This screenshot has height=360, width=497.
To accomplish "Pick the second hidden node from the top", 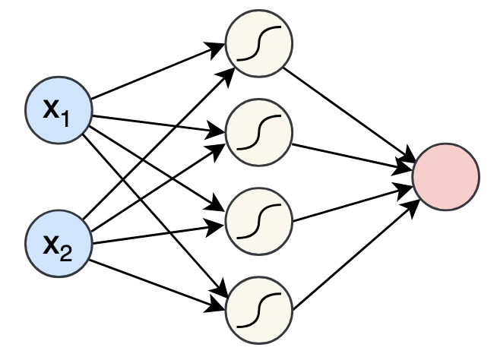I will click(259, 132).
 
